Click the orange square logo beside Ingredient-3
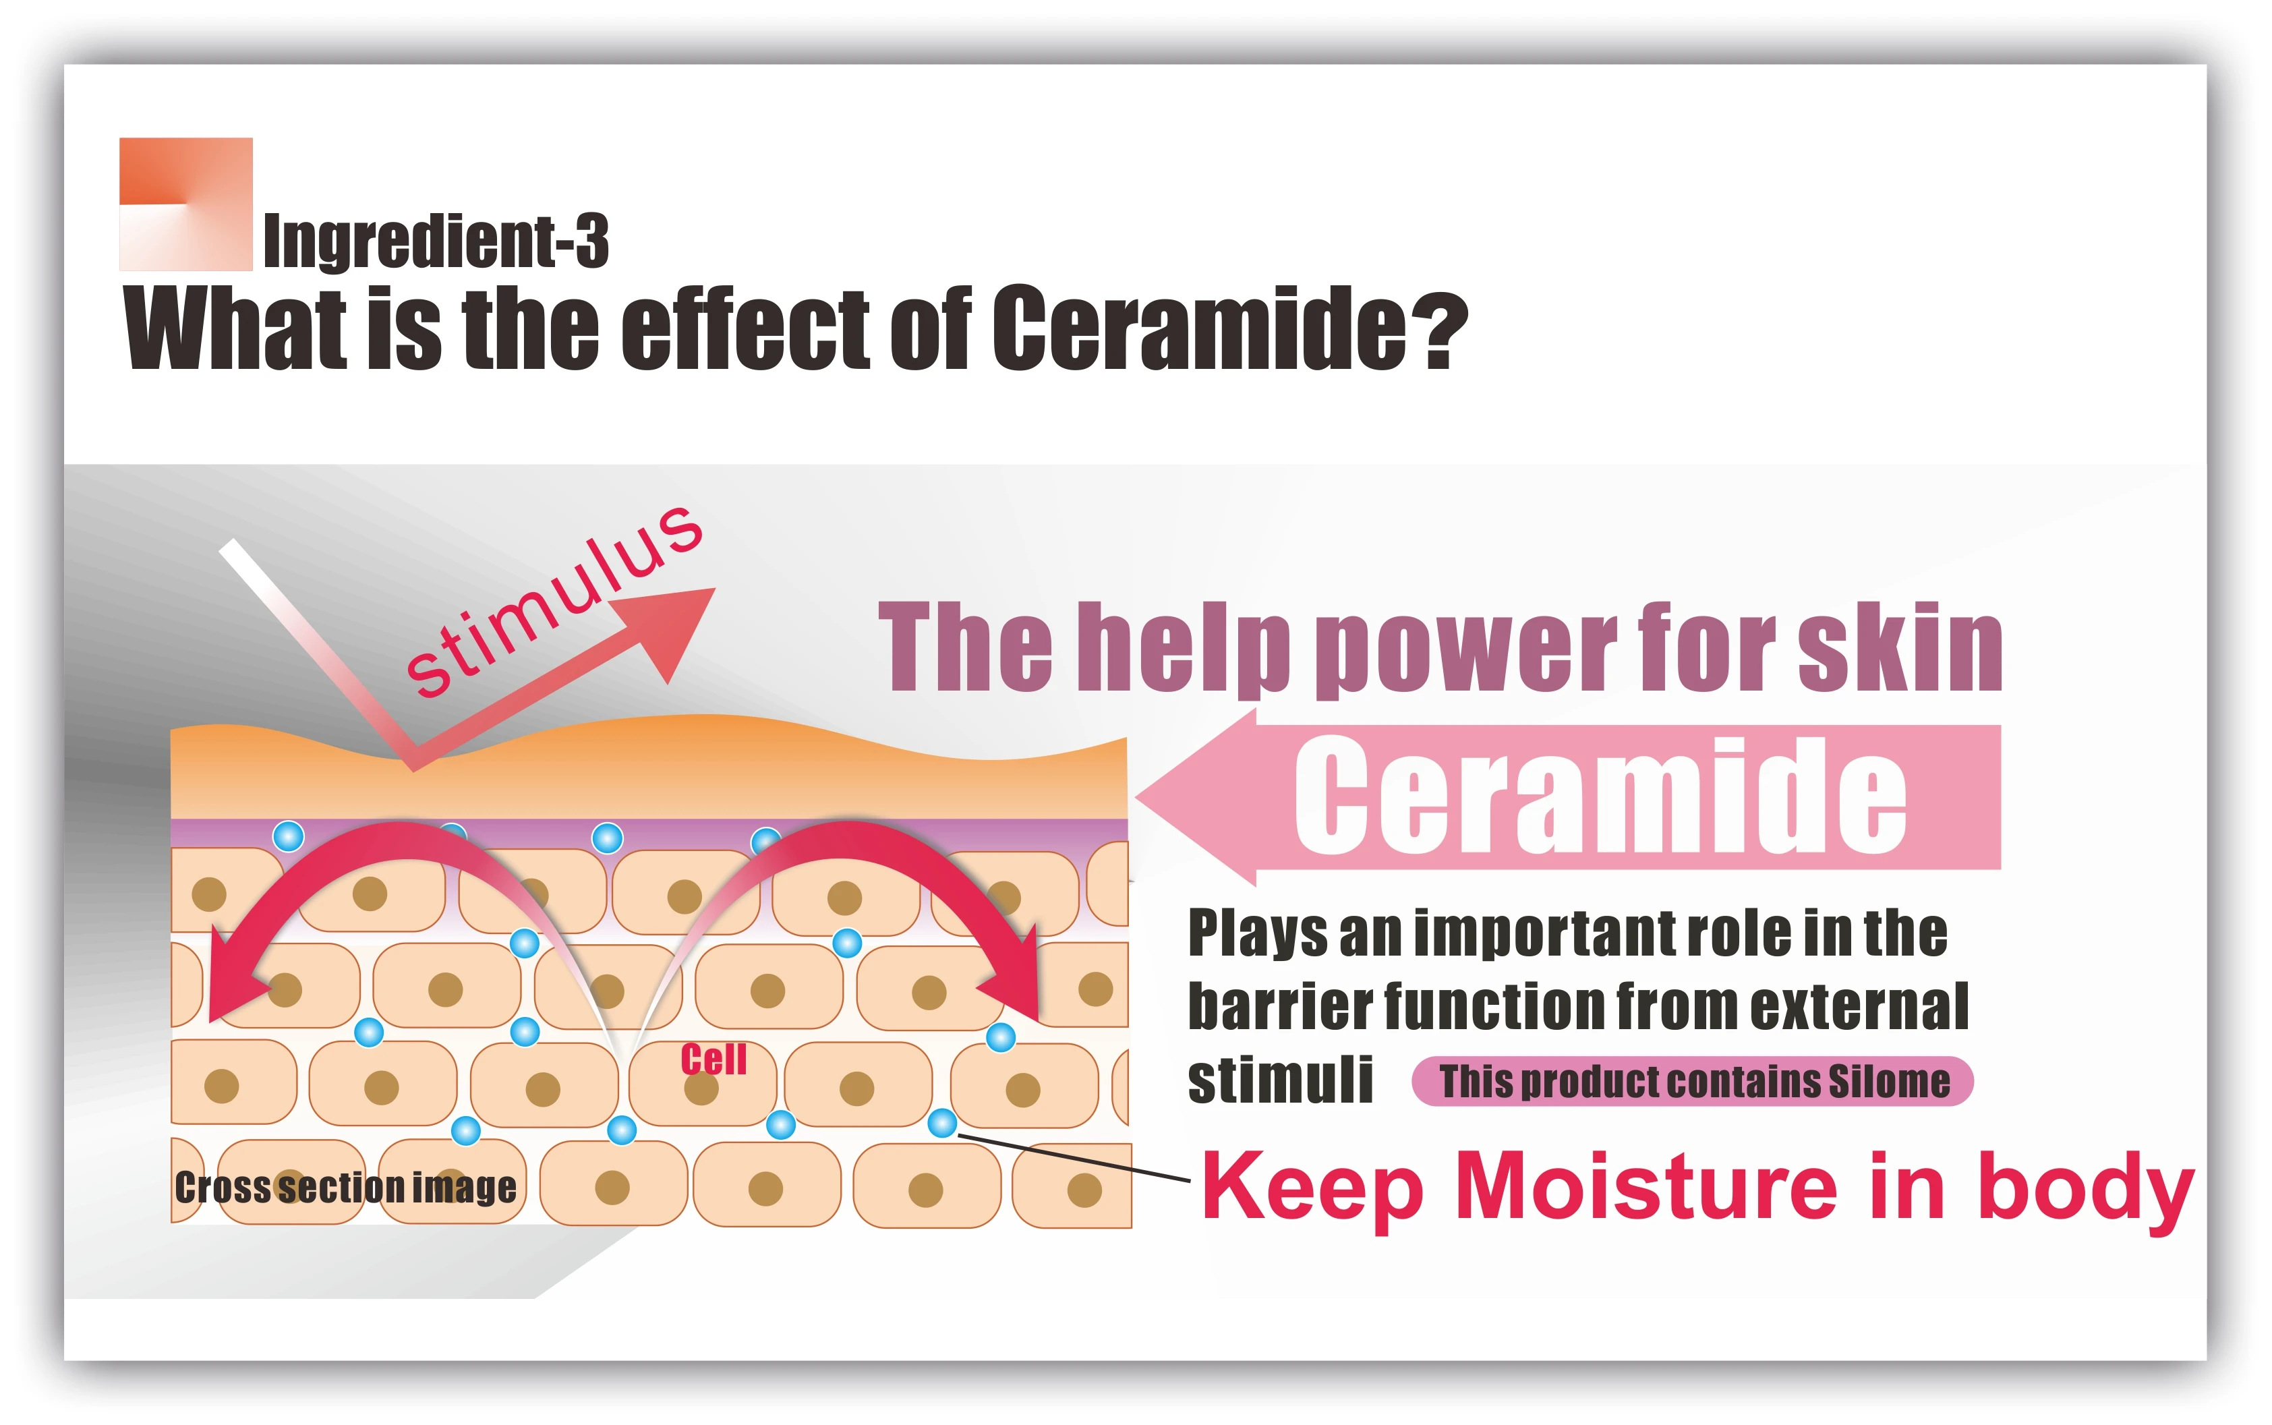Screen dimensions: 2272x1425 pyautogui.click(x=185, y=204)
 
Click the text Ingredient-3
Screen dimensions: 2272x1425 pyautogui.click(x=436, y=241)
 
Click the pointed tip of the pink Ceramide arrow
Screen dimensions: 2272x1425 pyautogui.click(x=1138, y=797)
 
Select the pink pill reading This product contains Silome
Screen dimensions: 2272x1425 pyautogui.click(x=1693, y=1081)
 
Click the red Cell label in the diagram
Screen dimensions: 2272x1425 pyautogui.click(x=713, y=1059)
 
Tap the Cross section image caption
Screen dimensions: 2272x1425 pyautogui.click(x=345, y=1188)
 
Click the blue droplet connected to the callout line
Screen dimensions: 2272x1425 pyautogui.click(x=942, y=1122)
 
